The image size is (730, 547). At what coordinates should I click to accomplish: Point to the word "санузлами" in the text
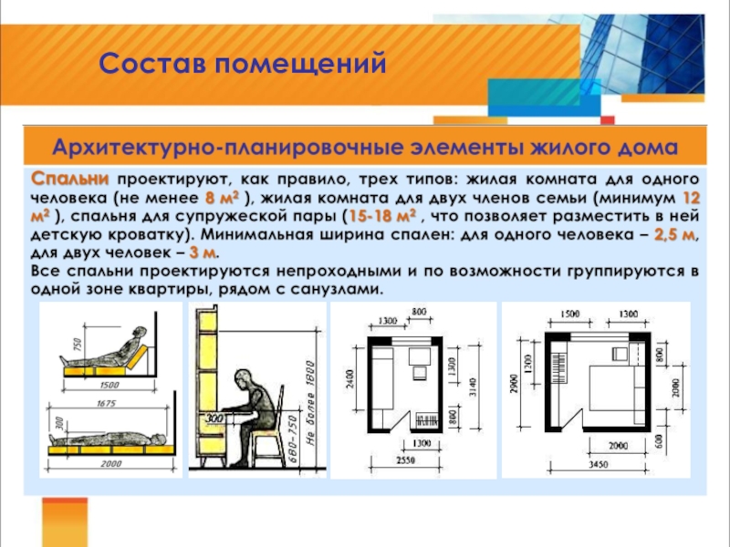tap(338, 289)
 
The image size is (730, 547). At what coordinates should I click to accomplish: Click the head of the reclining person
tap(139, 334)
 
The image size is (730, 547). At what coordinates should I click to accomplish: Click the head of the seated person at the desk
tap(244, 378)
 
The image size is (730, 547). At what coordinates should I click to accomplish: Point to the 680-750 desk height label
tap(292, 440)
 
